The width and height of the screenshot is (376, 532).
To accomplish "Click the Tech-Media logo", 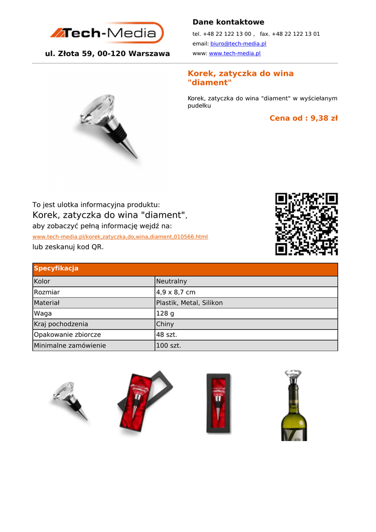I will coord(107,33).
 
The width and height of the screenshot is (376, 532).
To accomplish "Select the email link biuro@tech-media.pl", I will coord(238,44).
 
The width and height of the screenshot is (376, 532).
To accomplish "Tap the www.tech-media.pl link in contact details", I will coord(234,54).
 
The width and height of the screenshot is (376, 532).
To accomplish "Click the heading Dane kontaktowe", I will coord(228,22).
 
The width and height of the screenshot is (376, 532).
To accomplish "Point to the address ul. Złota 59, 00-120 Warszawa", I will coord(108,54).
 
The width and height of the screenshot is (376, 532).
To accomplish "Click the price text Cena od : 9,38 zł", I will coord(303,118).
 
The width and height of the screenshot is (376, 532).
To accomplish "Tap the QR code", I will coord(306,224).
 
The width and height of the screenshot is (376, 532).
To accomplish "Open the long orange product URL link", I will coord(120,237).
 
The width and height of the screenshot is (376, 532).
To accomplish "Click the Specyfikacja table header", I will coord(56,269).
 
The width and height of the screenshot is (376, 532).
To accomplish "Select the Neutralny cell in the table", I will coord(171,282).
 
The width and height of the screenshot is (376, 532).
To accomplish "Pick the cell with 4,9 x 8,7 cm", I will coord(176,292).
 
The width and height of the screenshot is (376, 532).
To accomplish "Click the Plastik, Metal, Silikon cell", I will coord(189,303).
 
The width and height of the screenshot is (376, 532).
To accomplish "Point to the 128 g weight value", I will coord(165,314).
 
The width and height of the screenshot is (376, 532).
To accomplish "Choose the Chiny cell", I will coord(165,324).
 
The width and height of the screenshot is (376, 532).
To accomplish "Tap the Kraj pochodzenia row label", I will coord(61,324).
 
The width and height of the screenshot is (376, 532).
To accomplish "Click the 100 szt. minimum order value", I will coord(169,345).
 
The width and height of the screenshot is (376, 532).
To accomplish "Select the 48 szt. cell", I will coord(167,335).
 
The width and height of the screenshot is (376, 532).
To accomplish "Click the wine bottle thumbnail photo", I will coord(294,405).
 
